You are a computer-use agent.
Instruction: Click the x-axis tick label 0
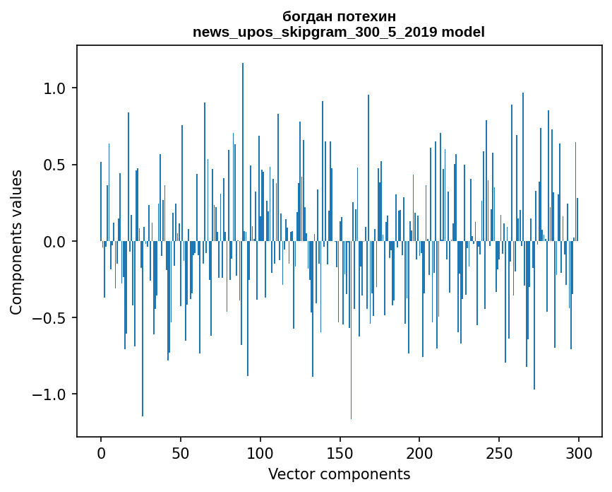(x=101, y=454)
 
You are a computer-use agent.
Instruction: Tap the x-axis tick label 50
(x=180, y=454)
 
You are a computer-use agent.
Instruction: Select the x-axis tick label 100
(x=260, y=454)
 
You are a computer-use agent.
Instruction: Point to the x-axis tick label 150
(x=340, y=454)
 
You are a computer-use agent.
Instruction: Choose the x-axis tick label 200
(x=419, y=454)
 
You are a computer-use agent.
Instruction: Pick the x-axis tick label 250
(x=499, y=454)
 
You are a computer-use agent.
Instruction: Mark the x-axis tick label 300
(x=578, y=454)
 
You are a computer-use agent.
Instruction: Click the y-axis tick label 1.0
(x=54, y=88)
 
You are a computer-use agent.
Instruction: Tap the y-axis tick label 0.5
(x=54, y=165)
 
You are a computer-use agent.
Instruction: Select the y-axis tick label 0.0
(x=54, y=242)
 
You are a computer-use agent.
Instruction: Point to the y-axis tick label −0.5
(x=49, y=318)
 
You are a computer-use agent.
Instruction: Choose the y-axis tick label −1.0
(x=49, y=394)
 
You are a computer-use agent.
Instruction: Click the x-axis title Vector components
(x=339, y=474)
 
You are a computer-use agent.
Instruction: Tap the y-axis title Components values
(x=16, y=242)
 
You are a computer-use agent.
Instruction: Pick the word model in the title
(x=463, y=32)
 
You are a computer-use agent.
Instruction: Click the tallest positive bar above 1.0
(x=243, y=152)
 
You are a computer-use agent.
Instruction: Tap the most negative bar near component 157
(x=351, y=330)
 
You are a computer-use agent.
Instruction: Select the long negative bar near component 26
(x=143, y=329)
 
